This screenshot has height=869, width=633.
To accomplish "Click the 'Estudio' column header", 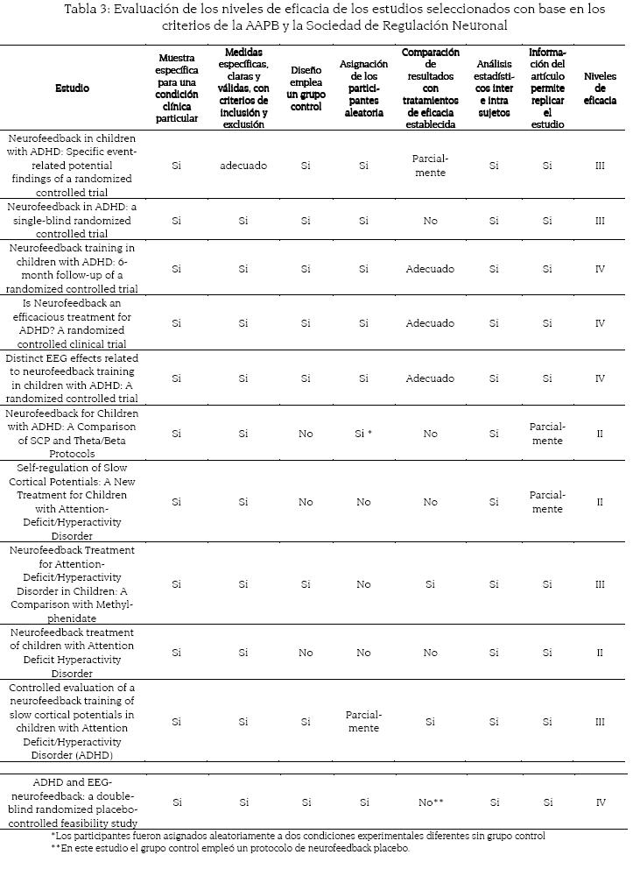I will (x=72, y=88).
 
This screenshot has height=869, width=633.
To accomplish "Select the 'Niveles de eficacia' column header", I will (x=600, y=88).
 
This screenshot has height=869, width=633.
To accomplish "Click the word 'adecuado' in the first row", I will (x=243, y=166).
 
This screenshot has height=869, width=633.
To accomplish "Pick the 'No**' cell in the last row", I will (x=430, y=802).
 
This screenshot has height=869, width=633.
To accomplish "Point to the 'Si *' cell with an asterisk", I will (x=363, y=433).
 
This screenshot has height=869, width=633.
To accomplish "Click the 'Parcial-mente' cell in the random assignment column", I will (x=363, y=721).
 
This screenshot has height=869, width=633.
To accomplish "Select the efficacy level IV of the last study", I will (x=600, y=802).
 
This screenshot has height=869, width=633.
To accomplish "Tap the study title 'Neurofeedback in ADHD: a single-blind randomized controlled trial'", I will (x=72, y=220).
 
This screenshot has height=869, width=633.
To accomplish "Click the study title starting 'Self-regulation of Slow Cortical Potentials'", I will (x=72, y=502).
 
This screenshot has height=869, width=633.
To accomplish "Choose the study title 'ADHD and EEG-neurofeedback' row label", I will (x=72, y=802).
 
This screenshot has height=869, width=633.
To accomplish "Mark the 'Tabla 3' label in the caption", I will (x=88, y=10).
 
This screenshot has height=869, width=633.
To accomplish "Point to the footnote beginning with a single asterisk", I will (x=298, y=836).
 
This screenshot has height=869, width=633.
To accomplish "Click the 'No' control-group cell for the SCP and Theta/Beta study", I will (x=305, y=433).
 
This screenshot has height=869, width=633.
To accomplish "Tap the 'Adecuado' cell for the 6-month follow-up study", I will (x=430, y=269).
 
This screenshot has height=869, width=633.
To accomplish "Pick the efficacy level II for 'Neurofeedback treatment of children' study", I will (x=600, y=653).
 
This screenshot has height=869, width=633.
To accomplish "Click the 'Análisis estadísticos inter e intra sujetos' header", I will (x=494, y=88).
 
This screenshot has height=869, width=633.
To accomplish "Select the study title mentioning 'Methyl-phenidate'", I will (x=72, y=583).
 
